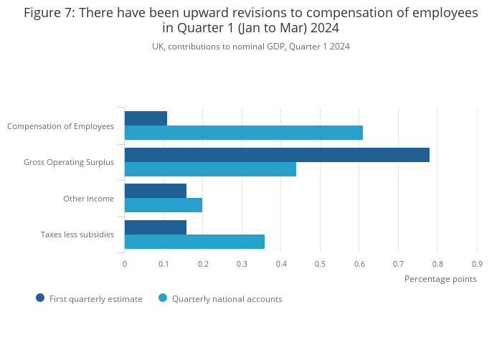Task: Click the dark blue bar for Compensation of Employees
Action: tap(146, 118)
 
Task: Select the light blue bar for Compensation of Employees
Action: tap(244, 133)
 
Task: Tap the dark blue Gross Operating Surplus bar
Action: tap(277, 155)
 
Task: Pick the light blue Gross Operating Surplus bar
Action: tap(210, 169)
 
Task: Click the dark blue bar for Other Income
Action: tap(156, 191)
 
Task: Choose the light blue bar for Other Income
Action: tap(164, 205)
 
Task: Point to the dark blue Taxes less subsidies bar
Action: tap(156, 227)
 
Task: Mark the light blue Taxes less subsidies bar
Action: tap(194, 242)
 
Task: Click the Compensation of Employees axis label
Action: tap(60, 126)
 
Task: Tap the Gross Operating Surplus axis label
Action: tap(69, 162)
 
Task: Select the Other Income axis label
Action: tap(88, 199)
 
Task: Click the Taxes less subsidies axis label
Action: tap(77, 235)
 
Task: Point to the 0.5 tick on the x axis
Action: tap(320, 264)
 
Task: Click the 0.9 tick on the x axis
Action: tap(477, 264)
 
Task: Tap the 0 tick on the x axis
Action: tap(125, 264)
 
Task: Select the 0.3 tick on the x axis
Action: tap(242, 264)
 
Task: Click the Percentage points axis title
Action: tap(440, 279)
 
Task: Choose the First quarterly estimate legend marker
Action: tap(40, 298)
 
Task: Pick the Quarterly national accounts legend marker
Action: tap(163, 298)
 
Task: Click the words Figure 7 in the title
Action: tap(49, 13)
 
